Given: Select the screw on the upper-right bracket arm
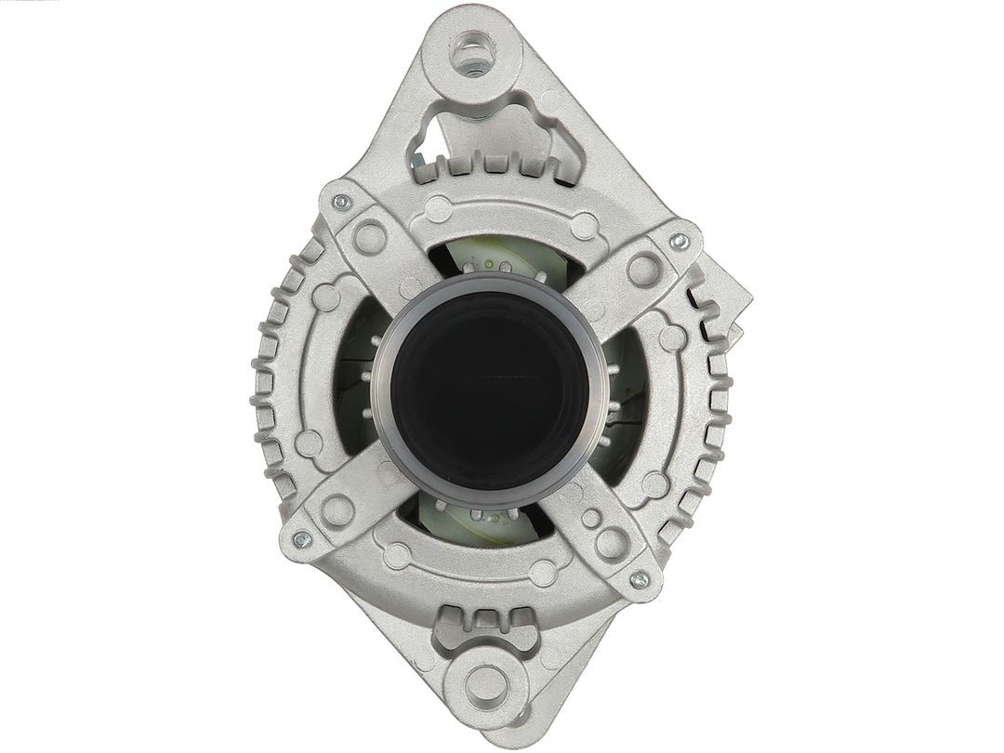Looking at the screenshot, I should [x=680, y=240].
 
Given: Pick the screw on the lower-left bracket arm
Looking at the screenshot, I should [x=300, y=538].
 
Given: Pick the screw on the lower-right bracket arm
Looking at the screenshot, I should [x=639, y=580].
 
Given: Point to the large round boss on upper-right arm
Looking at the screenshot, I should [x=643, y=270].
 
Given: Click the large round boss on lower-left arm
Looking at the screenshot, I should [x=337, y=509].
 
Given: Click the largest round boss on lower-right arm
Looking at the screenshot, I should [x=610, y=543].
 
